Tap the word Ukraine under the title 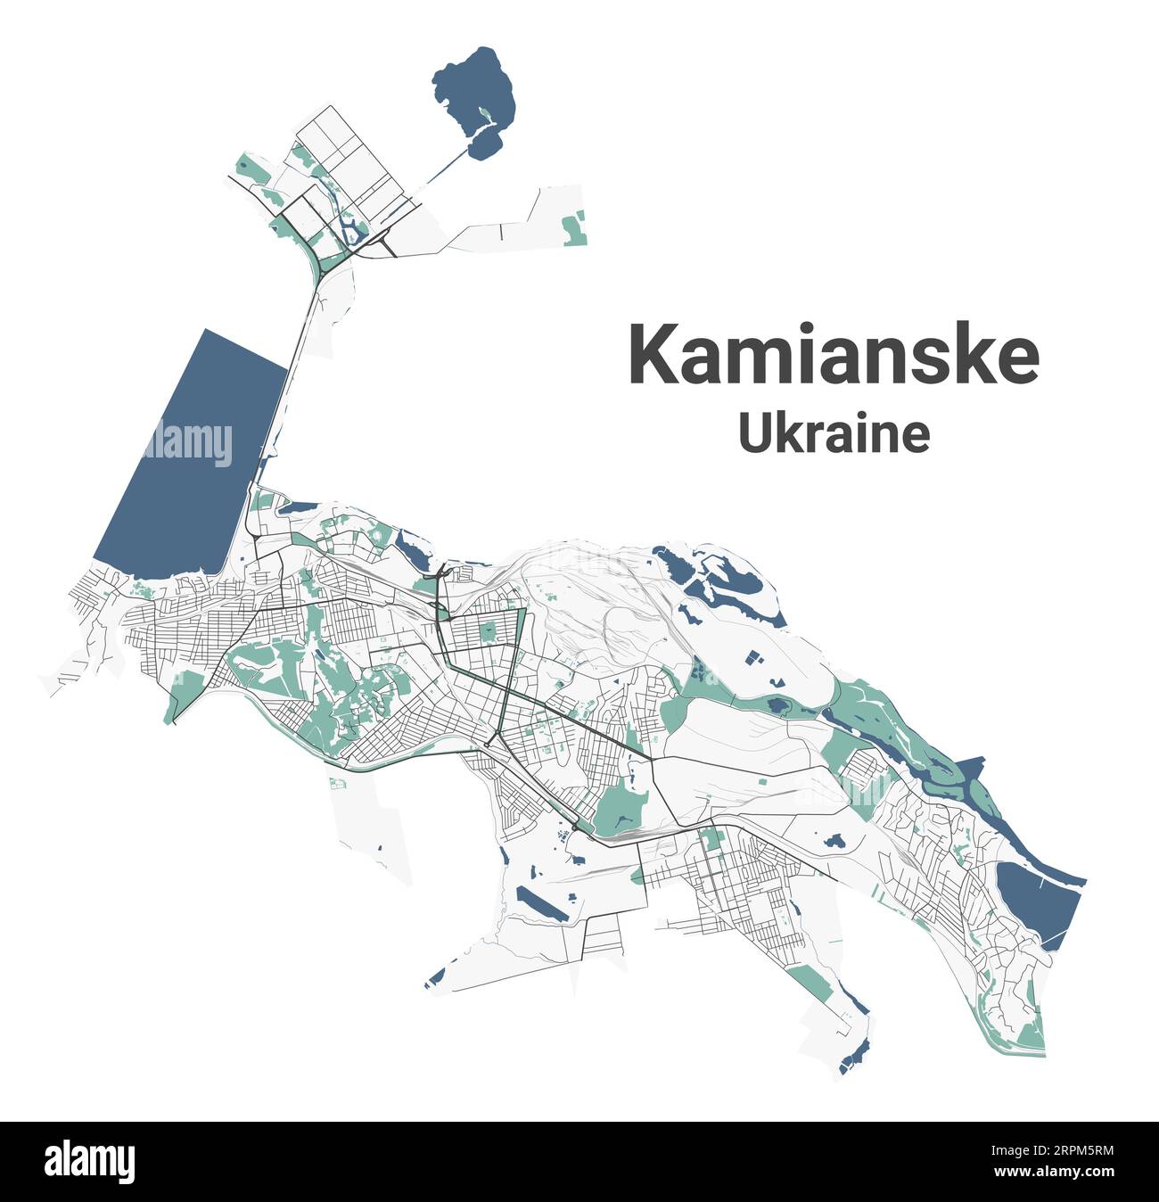click(834, 434)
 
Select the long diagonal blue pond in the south click(545, 904)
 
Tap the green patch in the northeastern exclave click(575, 228)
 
